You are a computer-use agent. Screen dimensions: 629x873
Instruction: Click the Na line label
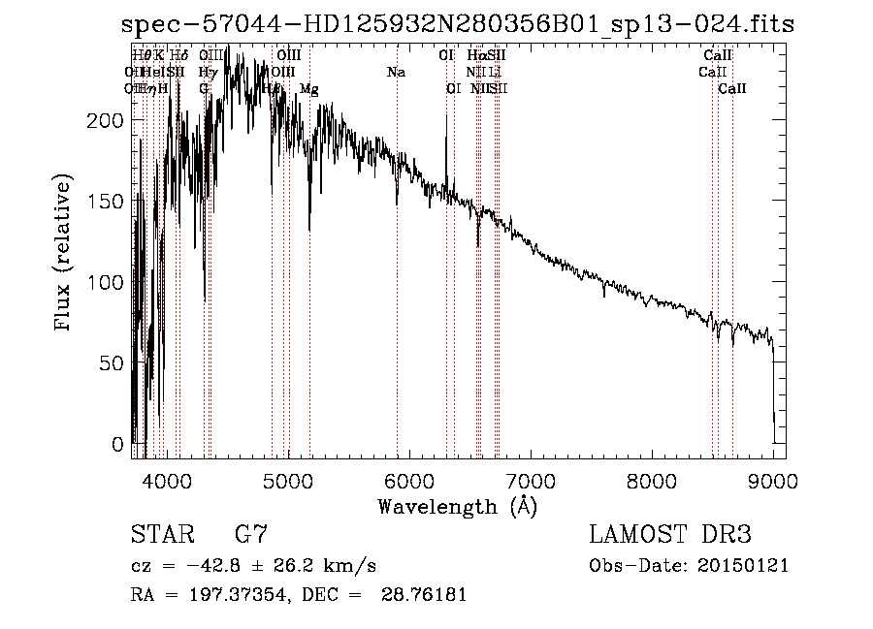396,72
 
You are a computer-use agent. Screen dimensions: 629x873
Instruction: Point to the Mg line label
308,88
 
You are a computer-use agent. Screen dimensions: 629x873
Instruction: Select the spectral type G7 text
251,535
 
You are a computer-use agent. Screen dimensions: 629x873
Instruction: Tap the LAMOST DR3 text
670,535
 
